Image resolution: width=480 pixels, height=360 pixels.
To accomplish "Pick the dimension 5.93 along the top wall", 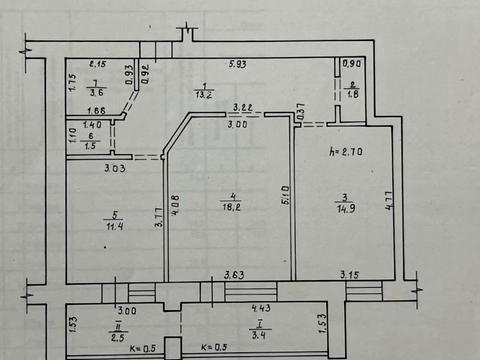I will [238, 66].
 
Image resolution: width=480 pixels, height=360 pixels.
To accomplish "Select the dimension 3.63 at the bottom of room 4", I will [235, 274].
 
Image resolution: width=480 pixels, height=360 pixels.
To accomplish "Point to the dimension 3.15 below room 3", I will [350, 274].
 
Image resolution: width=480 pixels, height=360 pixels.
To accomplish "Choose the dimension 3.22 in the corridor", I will [242, 107].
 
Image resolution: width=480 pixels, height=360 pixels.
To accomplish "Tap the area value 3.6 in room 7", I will [95, 93].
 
